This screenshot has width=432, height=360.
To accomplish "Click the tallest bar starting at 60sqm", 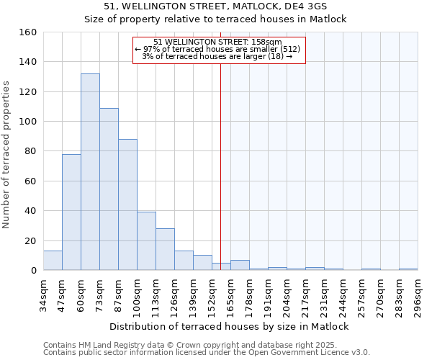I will tap(90, 172).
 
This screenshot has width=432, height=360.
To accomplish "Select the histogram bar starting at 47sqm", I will tap(71, 212).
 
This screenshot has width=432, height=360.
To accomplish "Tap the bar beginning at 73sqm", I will tap(109, 189).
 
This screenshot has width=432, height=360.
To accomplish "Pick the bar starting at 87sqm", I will tap(127, 204).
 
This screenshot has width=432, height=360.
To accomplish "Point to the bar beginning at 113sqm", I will tap(165, 249).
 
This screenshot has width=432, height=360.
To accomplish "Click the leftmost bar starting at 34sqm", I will tap(53, 261).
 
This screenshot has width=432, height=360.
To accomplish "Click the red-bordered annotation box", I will tap(220, 50).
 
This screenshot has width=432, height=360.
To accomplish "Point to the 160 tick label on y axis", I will tap(28, 32).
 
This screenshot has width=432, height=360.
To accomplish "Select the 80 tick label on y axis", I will tap(31, 151).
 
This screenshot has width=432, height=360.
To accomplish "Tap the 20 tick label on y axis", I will tap(31, 241).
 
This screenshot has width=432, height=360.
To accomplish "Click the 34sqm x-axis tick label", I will tap(43, 296).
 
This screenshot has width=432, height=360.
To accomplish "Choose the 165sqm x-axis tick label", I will tap(230, 296).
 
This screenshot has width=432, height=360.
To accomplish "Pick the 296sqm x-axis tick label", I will tap(418, 296).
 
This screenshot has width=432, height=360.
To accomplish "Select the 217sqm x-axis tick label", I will tap(305, 296).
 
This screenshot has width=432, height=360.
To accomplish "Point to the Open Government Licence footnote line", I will tap(207, 353).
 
